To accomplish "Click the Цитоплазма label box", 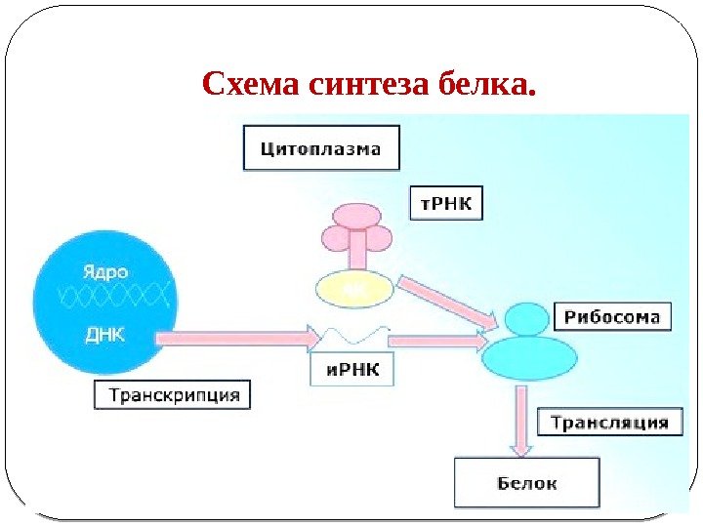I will click(320, 150).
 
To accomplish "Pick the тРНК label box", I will click(445, 203).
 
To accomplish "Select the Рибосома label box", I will click(613, 316).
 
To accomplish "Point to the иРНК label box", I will click(352, 370).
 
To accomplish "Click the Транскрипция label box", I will click(174, 395).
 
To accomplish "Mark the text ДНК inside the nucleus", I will click(104, 335).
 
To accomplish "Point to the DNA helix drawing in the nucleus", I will click(107, 299).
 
